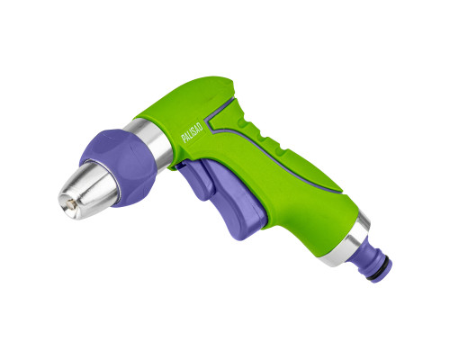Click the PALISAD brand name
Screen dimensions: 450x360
[x=192, y=132]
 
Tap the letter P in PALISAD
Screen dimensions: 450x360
[x=183, y=139]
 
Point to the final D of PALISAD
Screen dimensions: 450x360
[x=201, y=124]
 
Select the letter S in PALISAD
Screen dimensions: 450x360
[x=194, y=130]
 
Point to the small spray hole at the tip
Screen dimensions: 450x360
[x=70, y=205]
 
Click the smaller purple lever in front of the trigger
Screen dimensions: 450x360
[x=196, y=180]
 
